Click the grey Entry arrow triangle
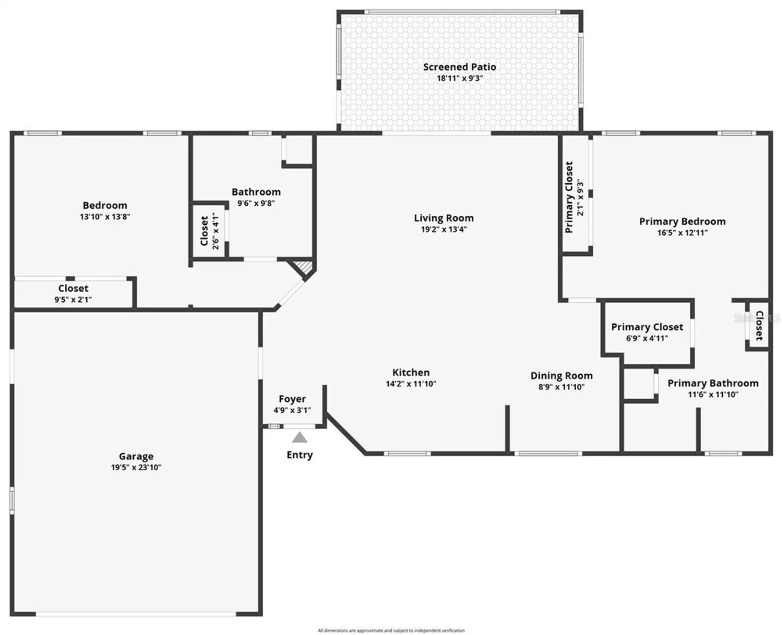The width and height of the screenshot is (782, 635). [299, 438]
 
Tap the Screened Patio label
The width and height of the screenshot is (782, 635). [459, 67]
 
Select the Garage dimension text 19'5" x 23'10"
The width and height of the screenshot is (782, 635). [136, 467]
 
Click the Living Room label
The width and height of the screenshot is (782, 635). [443, 218]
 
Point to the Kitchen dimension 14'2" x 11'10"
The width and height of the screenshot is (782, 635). [411, 384]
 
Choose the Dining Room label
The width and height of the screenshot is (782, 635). [561, 375]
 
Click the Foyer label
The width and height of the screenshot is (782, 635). [292, 399]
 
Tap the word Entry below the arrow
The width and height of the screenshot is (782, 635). [299, 455]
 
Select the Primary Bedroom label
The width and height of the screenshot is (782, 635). [682, 221]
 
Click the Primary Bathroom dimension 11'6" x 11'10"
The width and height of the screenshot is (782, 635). [713, 395]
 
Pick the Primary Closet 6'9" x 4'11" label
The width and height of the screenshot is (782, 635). [647, 327]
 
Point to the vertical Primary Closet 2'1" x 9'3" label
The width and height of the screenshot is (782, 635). [569, 197]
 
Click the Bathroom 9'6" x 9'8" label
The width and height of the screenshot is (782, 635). [256, 192]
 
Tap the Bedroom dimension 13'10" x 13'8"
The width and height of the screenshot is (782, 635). [105, 217]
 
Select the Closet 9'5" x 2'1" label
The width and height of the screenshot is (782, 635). [73, 288]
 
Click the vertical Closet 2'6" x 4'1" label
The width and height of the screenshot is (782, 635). [204, 231]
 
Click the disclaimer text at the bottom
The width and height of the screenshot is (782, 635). [391, 630]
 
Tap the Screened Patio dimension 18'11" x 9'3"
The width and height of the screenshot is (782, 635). [459, 78]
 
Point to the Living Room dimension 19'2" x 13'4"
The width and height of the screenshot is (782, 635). [443, 229]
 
